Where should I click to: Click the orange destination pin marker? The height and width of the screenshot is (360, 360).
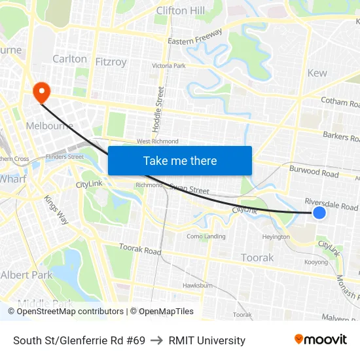click(x=41, y=92)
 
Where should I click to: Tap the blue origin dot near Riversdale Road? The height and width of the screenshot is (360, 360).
click(x=319, y=212)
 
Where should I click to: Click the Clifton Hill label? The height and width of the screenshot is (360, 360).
click(x=181, y=10)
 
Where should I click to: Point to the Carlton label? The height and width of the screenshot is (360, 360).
click(x=69, y=59)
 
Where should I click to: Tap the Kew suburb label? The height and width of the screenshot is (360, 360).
click(x=317, y=73)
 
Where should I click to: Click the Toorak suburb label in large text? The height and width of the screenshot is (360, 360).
click(x=257, y=257)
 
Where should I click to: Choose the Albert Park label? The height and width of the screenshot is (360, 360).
click(x=26, y=275)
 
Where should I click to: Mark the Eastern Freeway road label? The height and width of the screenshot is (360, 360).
click(x=196, y=41)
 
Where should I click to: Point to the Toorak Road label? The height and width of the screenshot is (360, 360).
click(x=140, y=250)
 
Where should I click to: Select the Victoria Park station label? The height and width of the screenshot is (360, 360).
click(x=169, y=66)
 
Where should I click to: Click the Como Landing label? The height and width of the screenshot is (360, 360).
click(x=206, y=236)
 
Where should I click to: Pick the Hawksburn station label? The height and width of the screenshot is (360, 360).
click(x=198, y=285)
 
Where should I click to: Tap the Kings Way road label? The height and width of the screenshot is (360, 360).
click(x=56, y=209)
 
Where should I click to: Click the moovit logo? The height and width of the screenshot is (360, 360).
click(x=320, y=340)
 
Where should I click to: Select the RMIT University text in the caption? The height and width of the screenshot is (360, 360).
click(x=207, y=340)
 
